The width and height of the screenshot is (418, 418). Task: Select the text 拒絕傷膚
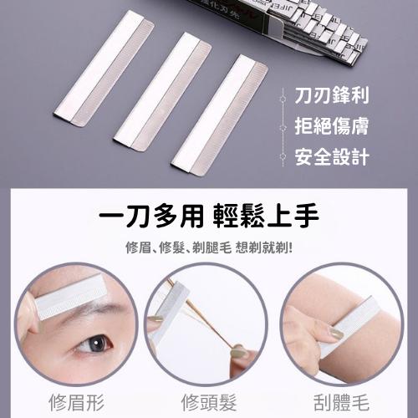click(x=330, y=128)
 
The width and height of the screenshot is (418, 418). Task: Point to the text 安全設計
click(x=330, y=156)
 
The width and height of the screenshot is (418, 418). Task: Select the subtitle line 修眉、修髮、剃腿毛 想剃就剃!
click(x=209, y=248)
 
